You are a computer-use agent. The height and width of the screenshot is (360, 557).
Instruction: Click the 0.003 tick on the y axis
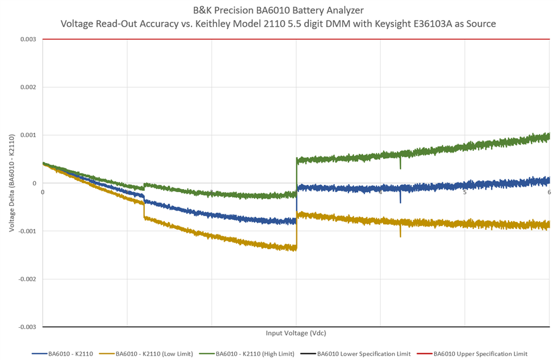pos(28,39)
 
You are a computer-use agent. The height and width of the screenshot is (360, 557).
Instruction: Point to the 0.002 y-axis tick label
pos(28,87)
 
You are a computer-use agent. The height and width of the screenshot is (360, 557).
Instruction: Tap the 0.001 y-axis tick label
pos(28,135)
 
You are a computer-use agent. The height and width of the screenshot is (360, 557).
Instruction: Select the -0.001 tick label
pos(27,232)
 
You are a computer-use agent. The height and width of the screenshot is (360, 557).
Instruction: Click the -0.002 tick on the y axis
pos(27,279)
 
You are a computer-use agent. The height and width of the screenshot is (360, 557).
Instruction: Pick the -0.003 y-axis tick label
pos(27,327)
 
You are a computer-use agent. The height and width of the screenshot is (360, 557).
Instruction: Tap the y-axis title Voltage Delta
pos(12,183)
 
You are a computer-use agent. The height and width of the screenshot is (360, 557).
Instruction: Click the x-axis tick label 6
pos(549,192)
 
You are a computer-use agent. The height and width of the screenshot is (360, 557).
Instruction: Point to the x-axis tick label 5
pos(464,192)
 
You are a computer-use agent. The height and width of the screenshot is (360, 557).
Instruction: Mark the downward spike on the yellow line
pos(401,233)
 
